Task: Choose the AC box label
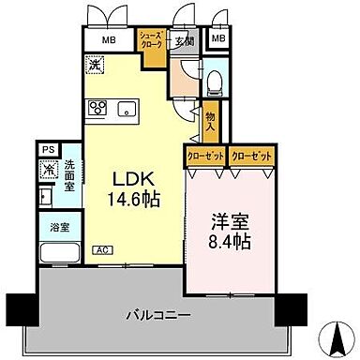(100, 249)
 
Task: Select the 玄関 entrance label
(185, 40)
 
